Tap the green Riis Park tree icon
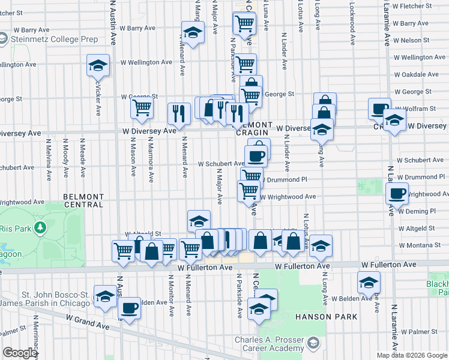click(x=40, y=228)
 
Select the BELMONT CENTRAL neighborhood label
click(x=83, y=200)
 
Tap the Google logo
click(x=20, y=353)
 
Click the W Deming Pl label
click(x=416, y=211)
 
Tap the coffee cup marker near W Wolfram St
click(x=379, y=109)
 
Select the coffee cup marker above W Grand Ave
click(x=130, y=308)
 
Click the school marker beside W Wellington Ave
click(x=98, y=65)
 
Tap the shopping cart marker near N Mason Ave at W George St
click(x=142, y=109)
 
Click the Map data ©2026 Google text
click(x=411, y=355)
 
